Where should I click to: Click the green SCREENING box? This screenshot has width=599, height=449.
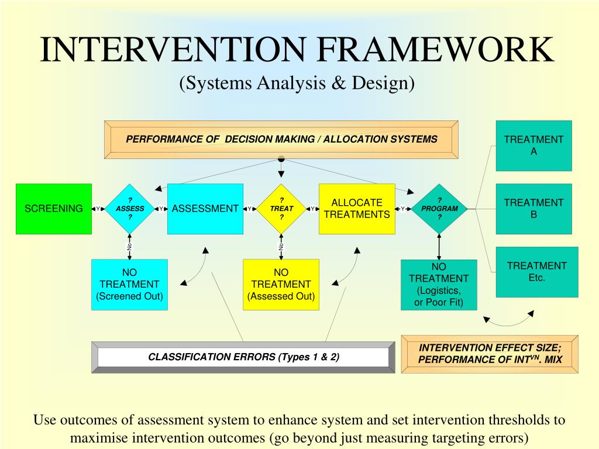tap(53, 209)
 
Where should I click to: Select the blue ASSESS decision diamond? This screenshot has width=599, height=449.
tap(130, 209)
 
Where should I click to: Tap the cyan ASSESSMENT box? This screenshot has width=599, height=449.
tap(205, 209)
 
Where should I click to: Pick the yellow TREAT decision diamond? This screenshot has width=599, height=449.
tap(281, 209)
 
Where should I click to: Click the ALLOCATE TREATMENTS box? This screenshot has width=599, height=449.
tap(357, 209)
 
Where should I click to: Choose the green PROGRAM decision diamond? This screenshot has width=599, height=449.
tap(439, 209)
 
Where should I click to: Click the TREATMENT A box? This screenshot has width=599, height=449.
tap(533, 146)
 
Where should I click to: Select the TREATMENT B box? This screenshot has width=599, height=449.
tap(533, 209)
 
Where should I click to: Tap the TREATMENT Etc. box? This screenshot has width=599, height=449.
tap(536, 272)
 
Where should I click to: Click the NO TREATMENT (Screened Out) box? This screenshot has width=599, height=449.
tap(129, 284)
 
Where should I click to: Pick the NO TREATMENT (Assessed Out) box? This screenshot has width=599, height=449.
tap(281, 284)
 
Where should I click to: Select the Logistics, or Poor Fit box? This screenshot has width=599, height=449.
tap(439, 285)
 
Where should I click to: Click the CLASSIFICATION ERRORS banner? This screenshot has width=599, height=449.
tap(243, 357)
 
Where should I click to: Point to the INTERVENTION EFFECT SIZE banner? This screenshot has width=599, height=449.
tap(490, 354)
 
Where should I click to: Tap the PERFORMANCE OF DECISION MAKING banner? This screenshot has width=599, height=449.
tap(281, 139)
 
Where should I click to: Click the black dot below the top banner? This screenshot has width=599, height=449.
tap(281, 159)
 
